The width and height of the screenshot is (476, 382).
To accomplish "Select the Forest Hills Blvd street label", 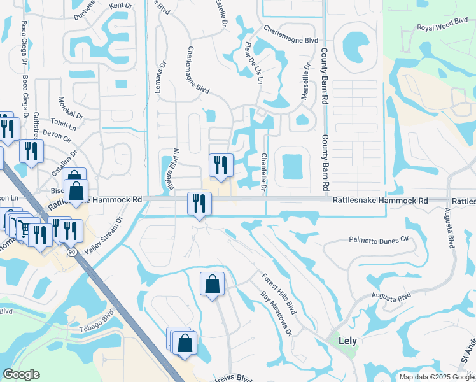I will pos(279,294).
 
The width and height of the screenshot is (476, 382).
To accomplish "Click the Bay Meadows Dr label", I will pos(276,314).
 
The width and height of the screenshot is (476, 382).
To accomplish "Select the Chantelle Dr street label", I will pos(263,171).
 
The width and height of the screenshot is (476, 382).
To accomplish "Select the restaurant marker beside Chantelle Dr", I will pos(218,166).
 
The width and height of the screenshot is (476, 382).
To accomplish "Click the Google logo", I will pos(22,374).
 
